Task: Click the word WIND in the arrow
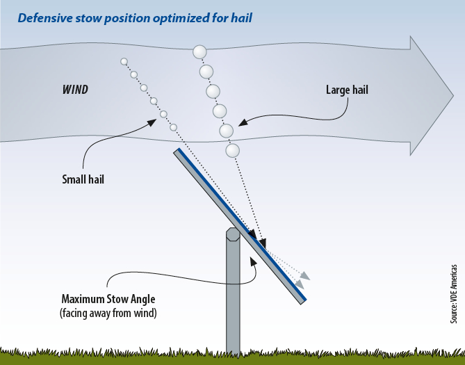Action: (x=75, y=90)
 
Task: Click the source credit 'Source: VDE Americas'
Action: (x=453, y=293)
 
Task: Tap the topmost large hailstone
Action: (x=200, y=52)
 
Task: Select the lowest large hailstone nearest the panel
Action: (x=232, y=150)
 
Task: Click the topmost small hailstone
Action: (x=124, y=61)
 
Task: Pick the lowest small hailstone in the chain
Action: (x=173, y=127)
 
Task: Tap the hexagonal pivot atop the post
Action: (x=233, y=234)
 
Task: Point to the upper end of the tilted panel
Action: (x=178, y=152)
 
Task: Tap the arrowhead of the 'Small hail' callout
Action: (x=150, y=122)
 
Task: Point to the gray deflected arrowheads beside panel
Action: (x=302, y=279)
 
